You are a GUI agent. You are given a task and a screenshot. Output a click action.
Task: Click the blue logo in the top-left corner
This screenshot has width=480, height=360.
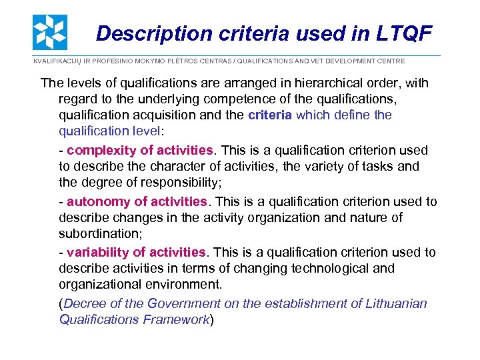click(x=50, y=31)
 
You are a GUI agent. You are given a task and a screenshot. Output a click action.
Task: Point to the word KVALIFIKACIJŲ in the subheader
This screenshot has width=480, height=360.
click(x=57, y=61)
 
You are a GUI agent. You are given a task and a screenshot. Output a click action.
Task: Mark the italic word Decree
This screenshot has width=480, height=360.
click(x=83, y=304)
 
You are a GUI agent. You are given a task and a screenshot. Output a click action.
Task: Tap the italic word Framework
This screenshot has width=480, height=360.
click(x=176, y=319)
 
